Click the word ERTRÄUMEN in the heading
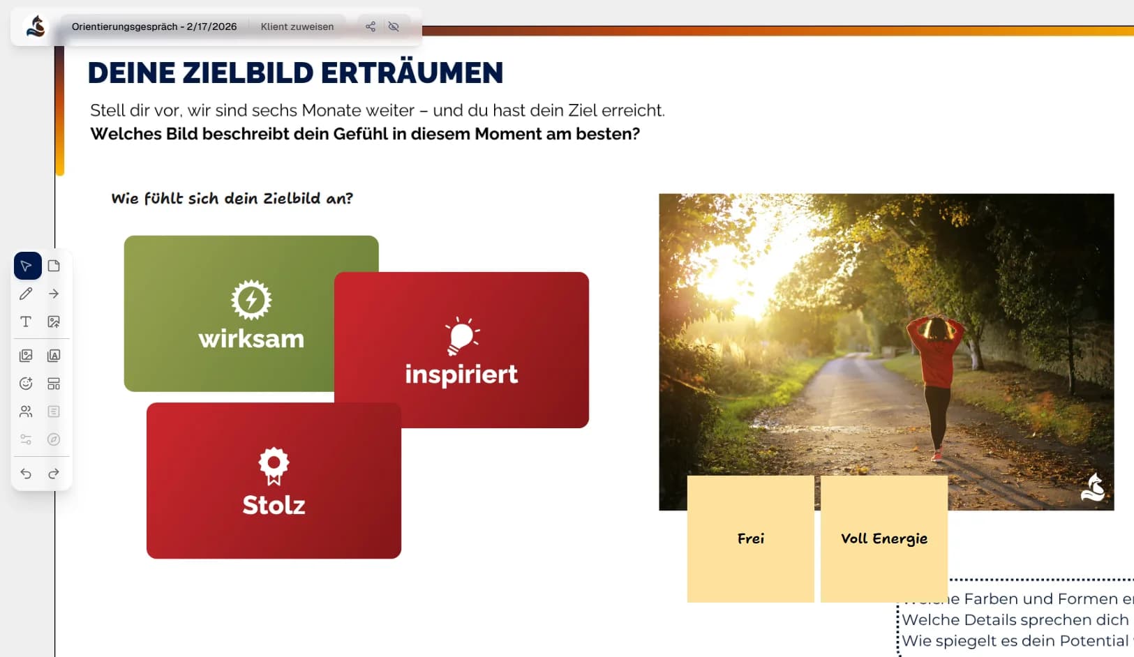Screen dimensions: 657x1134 412,73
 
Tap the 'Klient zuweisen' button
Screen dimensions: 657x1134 297,27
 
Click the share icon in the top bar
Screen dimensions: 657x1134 371,27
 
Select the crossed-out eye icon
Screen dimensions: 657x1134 394,27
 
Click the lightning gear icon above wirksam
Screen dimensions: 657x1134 251,300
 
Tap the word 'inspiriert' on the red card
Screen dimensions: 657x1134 461,375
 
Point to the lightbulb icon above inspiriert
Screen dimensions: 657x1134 461,336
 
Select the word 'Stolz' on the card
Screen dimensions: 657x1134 274,505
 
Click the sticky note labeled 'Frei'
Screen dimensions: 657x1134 751,538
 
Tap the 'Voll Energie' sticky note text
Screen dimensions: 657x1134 884,538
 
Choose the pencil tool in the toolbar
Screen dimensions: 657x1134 26,294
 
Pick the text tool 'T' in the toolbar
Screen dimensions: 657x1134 26,322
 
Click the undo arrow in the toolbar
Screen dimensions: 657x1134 26,474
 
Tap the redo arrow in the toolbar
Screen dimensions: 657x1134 54,474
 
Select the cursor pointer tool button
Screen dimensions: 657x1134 27,266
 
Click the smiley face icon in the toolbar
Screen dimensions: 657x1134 26,384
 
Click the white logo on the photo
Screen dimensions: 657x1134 1093,487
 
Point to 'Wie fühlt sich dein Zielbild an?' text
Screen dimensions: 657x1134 232,199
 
